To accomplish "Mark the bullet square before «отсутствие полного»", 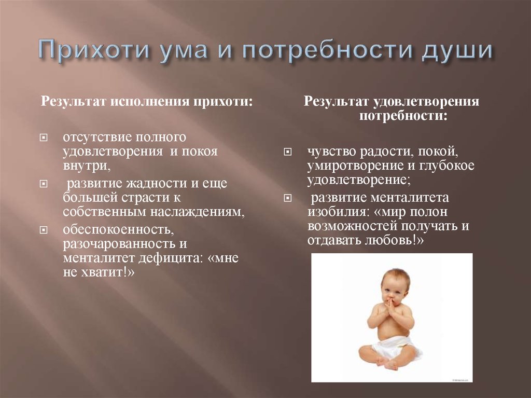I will tap(44, 139).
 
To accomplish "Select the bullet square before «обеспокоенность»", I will tap(44, 230).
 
